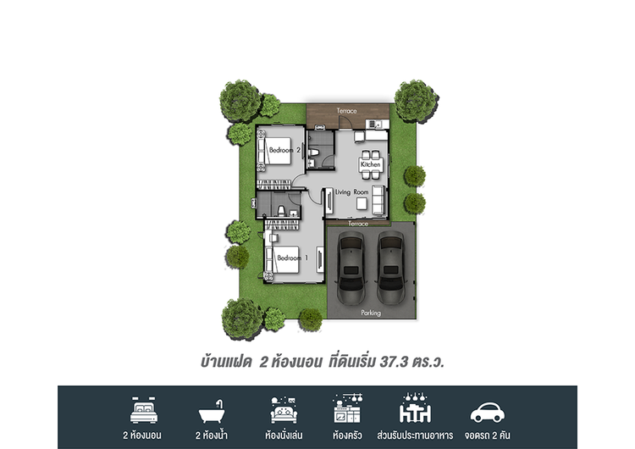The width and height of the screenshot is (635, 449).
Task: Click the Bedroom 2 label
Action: [284, 150]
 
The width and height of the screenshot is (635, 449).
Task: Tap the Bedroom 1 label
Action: [292, 258]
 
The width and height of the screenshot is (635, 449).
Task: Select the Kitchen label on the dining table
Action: [371, 164]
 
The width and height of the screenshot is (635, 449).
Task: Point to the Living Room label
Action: [352, 192]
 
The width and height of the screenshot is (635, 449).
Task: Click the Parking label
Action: [371, 313]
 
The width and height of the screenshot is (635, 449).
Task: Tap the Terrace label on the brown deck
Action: [346, 111]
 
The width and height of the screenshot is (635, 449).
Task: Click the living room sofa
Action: [378, 199]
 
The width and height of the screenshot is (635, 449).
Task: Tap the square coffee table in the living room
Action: [362, 203]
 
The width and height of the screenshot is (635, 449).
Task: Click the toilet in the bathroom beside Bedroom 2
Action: [314, 152]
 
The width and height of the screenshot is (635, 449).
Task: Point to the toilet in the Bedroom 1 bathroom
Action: [280, 211]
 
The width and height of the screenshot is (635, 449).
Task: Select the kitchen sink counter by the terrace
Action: [377, 124]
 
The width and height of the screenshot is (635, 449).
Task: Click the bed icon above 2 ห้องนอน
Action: [144, 410]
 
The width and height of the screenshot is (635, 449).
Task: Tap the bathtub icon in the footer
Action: [212, 412]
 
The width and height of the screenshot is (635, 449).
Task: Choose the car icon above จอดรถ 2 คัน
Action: [487, 413]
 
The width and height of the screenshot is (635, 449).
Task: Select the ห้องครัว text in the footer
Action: [347, 435]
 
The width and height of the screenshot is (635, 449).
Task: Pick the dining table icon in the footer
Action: [415, 408]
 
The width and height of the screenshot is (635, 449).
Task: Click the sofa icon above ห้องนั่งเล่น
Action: [284, 410]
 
